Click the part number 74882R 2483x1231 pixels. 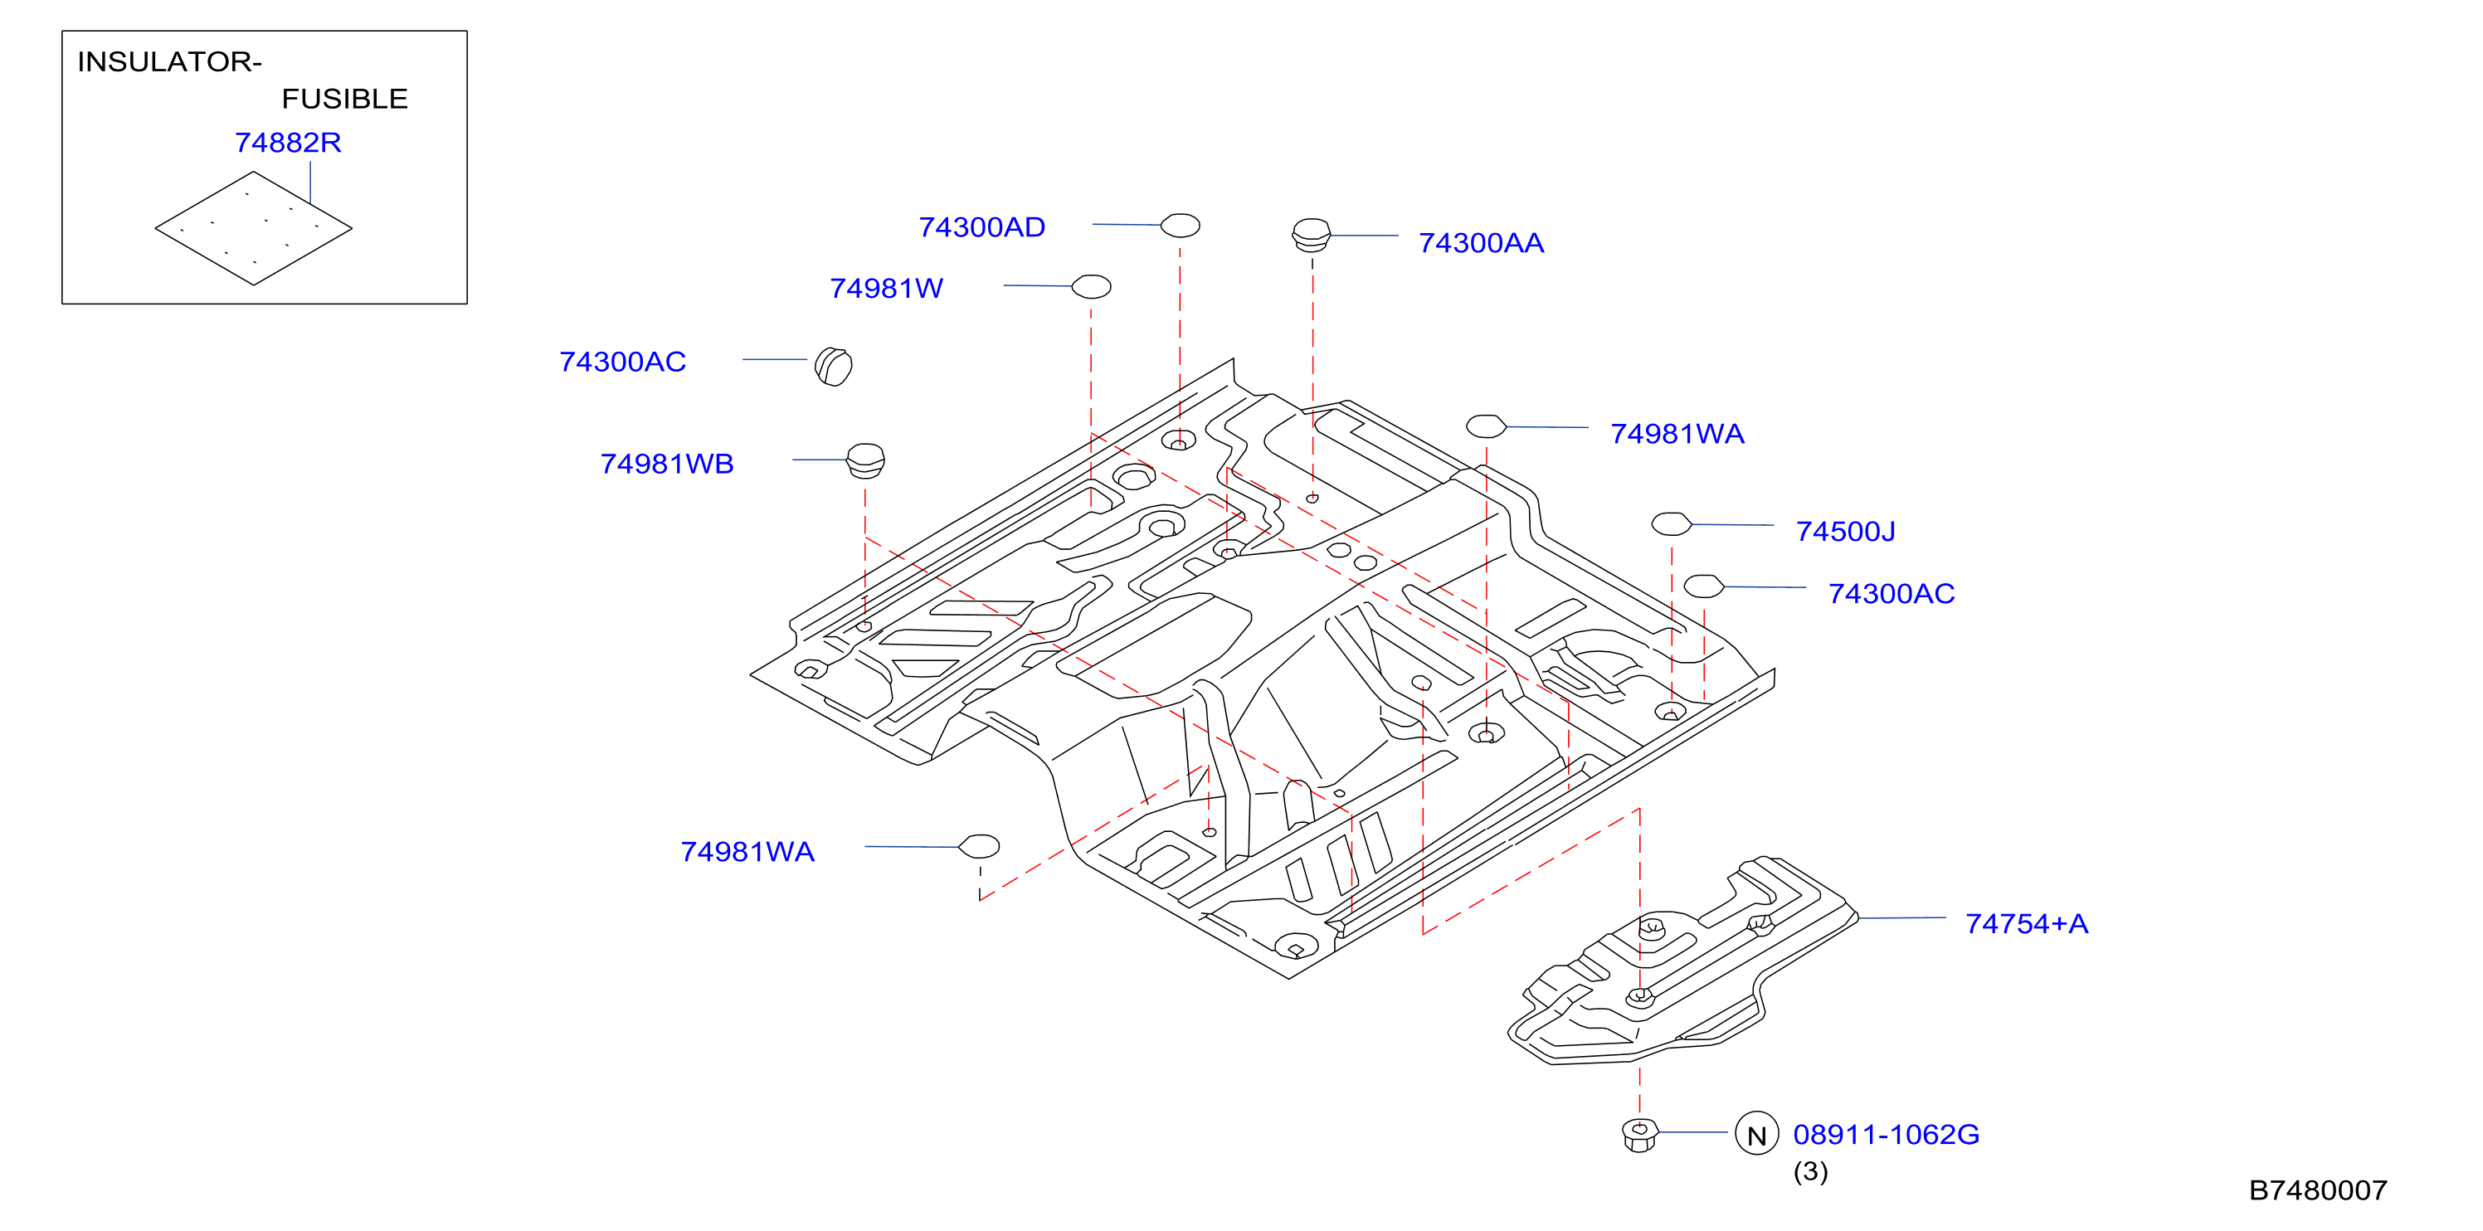[288, 143]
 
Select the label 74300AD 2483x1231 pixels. [981, 227]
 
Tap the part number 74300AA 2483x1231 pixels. [1481, 243]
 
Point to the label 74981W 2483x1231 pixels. [886, 288]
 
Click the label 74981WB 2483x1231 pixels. [667, 465]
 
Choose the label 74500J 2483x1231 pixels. [1845, 531]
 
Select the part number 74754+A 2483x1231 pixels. [2026, 923]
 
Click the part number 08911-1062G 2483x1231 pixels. [1886, 1135]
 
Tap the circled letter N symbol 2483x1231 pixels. [1756, 1134]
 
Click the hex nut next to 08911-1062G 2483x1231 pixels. [1639, 1135]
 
